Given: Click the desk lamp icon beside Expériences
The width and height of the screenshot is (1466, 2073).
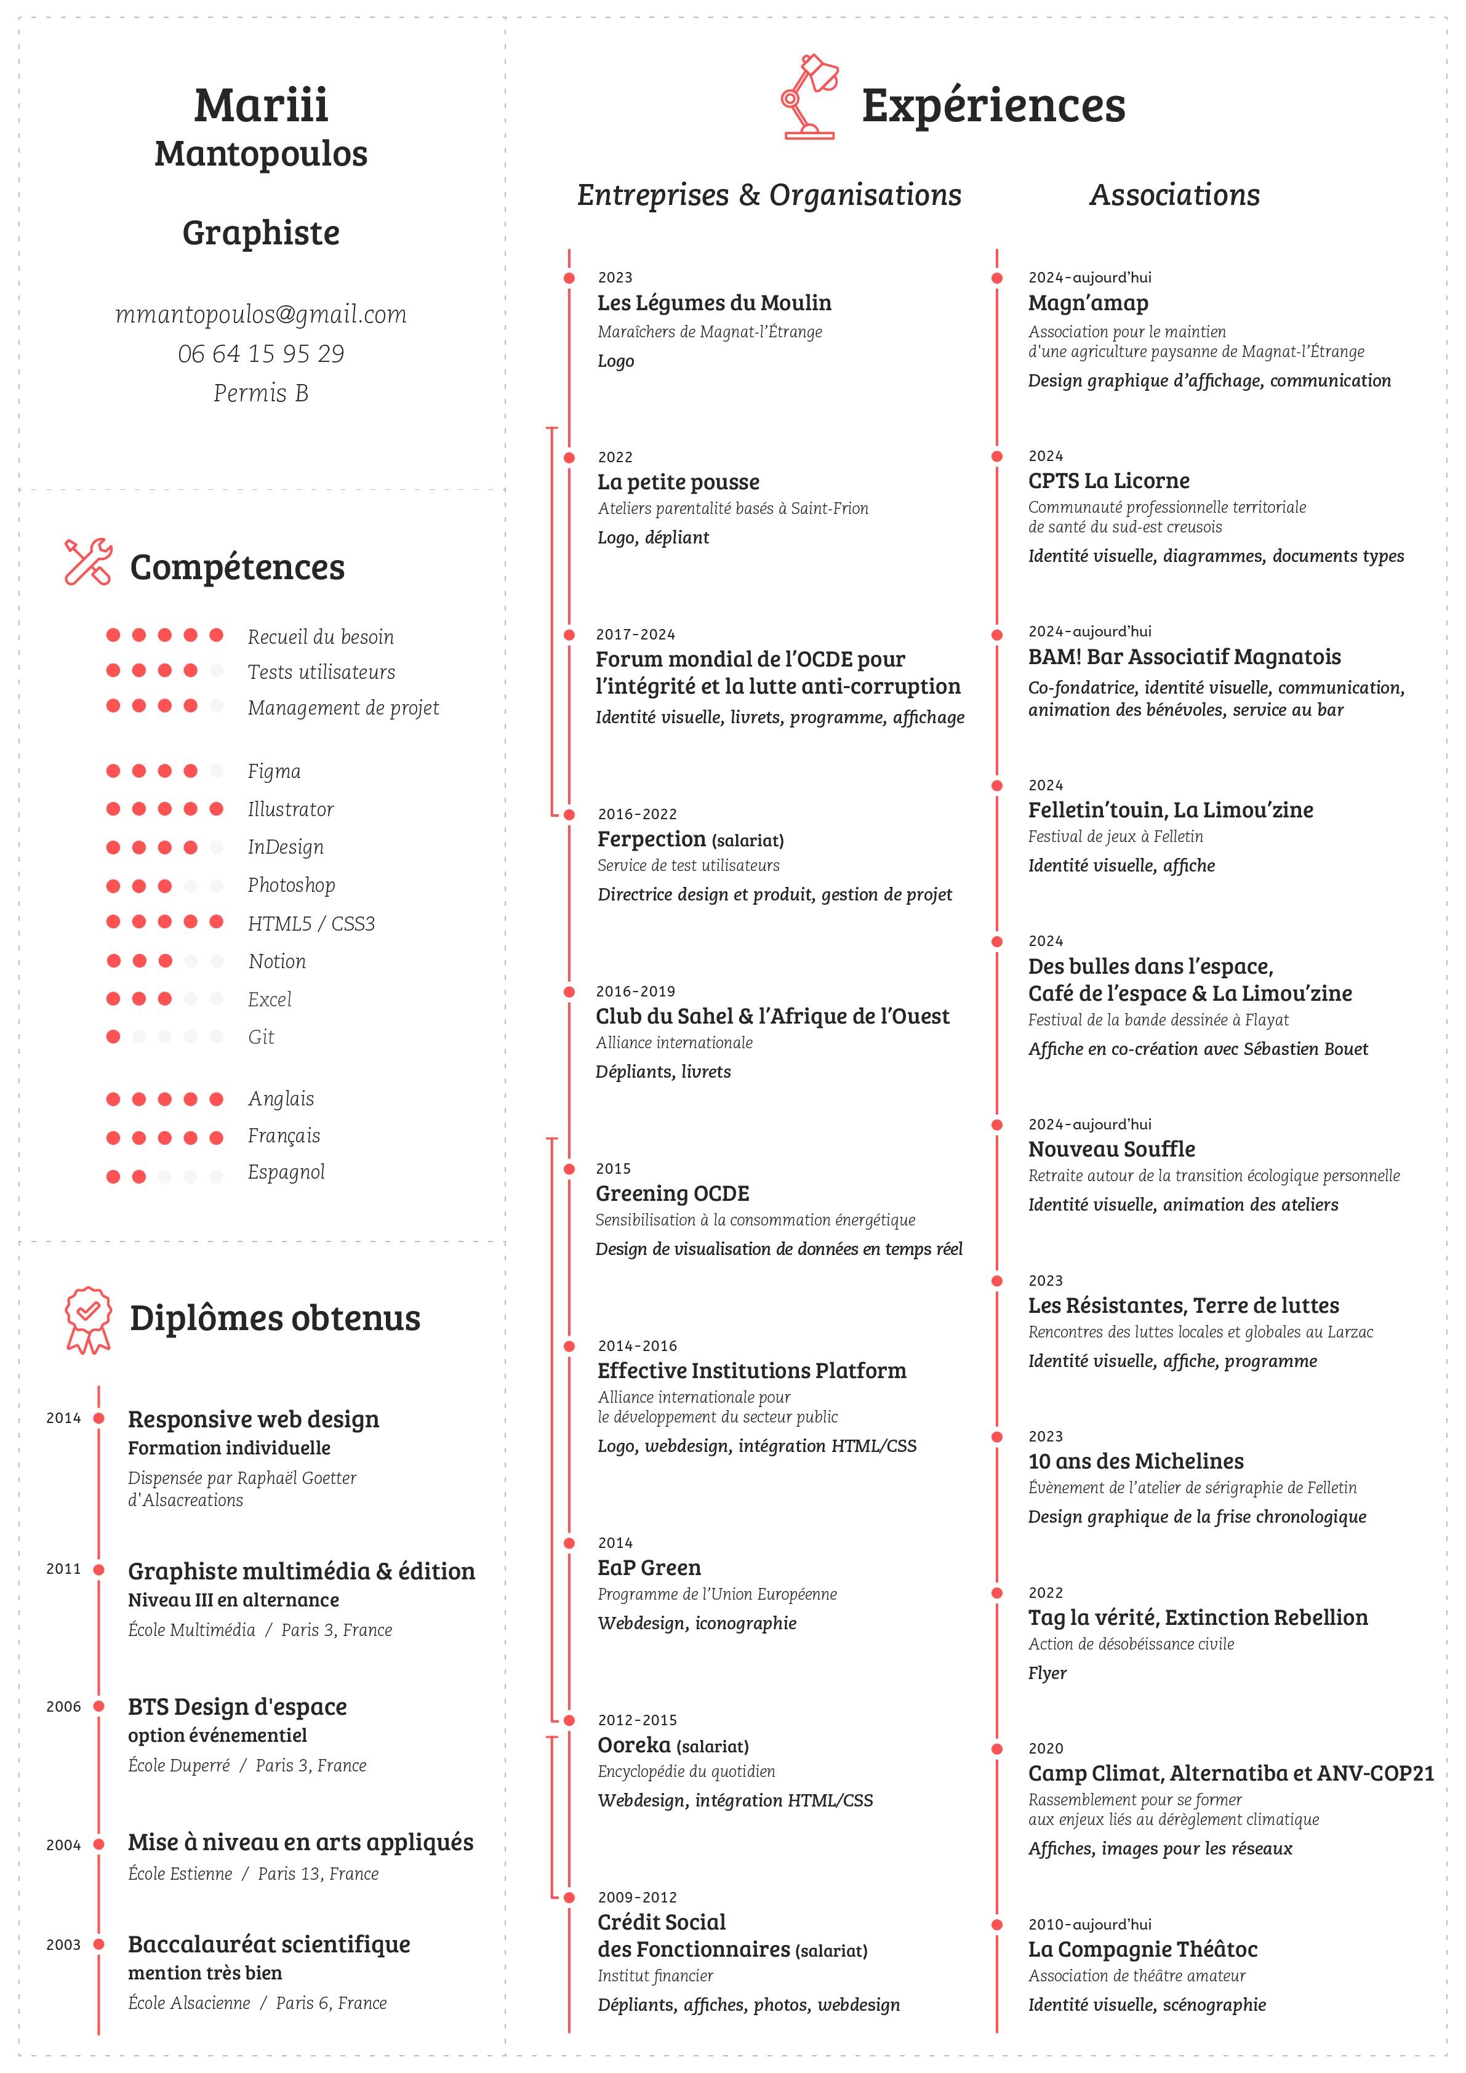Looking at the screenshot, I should click(x=809, y=97).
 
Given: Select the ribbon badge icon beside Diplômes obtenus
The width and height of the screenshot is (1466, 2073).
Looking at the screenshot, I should click(x=87, y=1319).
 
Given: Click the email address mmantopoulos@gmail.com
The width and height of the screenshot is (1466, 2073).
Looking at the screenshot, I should click(x=261, y=314).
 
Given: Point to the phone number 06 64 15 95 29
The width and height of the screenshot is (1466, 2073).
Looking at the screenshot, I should click(x=261, y=354).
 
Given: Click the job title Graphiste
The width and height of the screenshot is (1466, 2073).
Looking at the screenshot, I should click(x=261, y=233).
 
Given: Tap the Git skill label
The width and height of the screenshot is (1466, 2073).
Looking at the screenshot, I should click(x=261, y=1037).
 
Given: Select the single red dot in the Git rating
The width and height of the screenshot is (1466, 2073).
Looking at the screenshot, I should click(x=113, y=1036).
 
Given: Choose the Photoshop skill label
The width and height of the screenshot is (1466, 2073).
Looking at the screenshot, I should click(x=292, y=886).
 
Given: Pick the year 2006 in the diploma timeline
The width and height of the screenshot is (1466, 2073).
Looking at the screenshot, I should click(x=63, y=1706).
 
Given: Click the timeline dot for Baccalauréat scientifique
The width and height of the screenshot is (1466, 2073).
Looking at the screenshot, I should click(x=99, y=1944).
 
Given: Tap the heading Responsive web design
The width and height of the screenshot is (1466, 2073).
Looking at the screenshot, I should click(x=254, y=1419).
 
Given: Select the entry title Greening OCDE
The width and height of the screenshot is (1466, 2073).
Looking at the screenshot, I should click(x=673, y=1193).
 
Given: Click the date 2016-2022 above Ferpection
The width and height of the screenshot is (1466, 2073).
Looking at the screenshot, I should click(x=638, y=814).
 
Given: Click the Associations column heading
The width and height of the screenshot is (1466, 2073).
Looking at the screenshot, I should click(x=1174, y=195).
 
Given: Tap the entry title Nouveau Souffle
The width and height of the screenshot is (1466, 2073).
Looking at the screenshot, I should click(x=1112, y=1149).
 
